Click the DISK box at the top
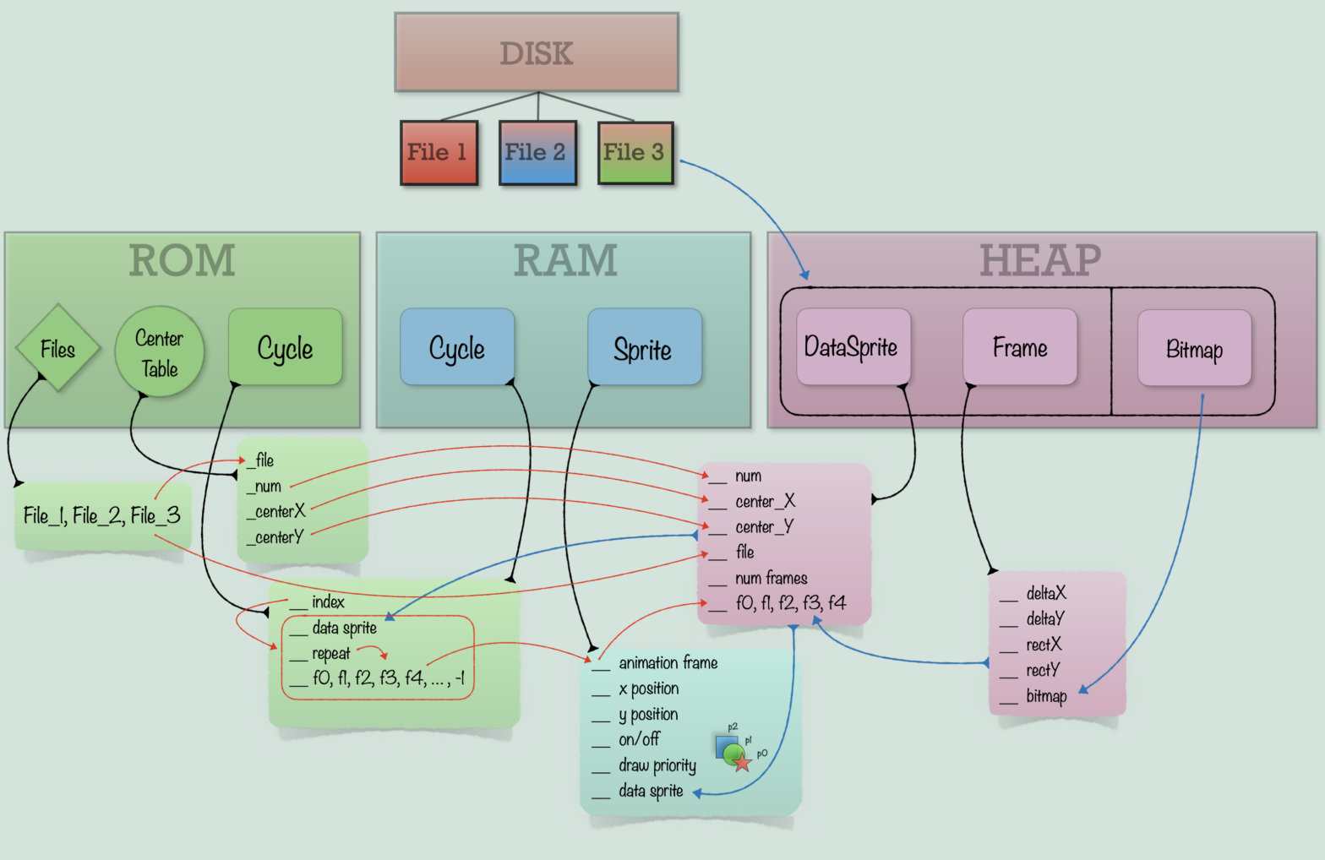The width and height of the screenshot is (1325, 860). [537, 52]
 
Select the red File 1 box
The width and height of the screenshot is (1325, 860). [439, 152]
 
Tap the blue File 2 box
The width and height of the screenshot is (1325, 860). [537, 152]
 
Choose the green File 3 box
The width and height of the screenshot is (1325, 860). [635, 152]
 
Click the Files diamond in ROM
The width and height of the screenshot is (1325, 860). [58, 348]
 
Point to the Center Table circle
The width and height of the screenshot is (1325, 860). [159, 352]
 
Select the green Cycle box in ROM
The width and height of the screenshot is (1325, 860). [286, 347]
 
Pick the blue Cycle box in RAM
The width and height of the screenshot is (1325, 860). [457, 347]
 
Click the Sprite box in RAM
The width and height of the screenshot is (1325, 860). [644, 347]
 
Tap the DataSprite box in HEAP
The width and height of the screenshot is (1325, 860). [853, 346]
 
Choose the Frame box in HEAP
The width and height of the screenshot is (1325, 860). [1020, 346]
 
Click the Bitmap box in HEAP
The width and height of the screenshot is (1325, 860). [1194, 348]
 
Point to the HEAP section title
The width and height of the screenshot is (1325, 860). [1040, 260]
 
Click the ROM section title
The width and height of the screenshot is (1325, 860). [183, 260]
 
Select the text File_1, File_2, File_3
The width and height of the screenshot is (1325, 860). [101, 515]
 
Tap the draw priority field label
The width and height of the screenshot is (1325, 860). [657, 765]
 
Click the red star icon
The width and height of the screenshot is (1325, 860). [742, 763]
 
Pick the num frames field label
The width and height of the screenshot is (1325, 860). [771, 578]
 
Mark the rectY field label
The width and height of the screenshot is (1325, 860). [1043, 670]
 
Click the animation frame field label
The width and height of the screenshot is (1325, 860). [668, 662]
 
